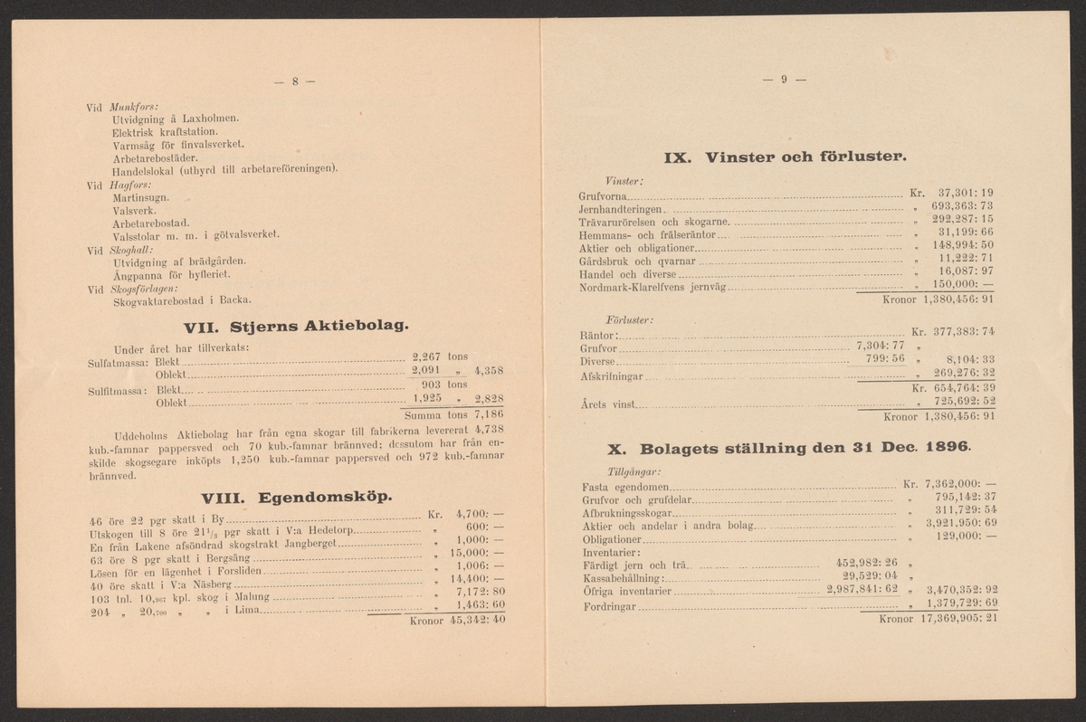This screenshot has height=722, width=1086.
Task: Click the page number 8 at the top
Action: click(x=294, y=82)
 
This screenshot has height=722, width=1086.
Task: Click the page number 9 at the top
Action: click(x=784, y=80)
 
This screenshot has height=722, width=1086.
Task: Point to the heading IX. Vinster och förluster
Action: click(x=785, y=157)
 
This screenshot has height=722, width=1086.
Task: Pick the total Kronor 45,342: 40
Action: click(x=456, y=621)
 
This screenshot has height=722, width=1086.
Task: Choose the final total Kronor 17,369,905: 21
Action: click(x=937, y=619)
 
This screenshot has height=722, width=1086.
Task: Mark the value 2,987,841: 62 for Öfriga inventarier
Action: click(x=862, y=589)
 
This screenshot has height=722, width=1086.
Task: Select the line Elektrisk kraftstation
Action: click(x=166, y=131)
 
